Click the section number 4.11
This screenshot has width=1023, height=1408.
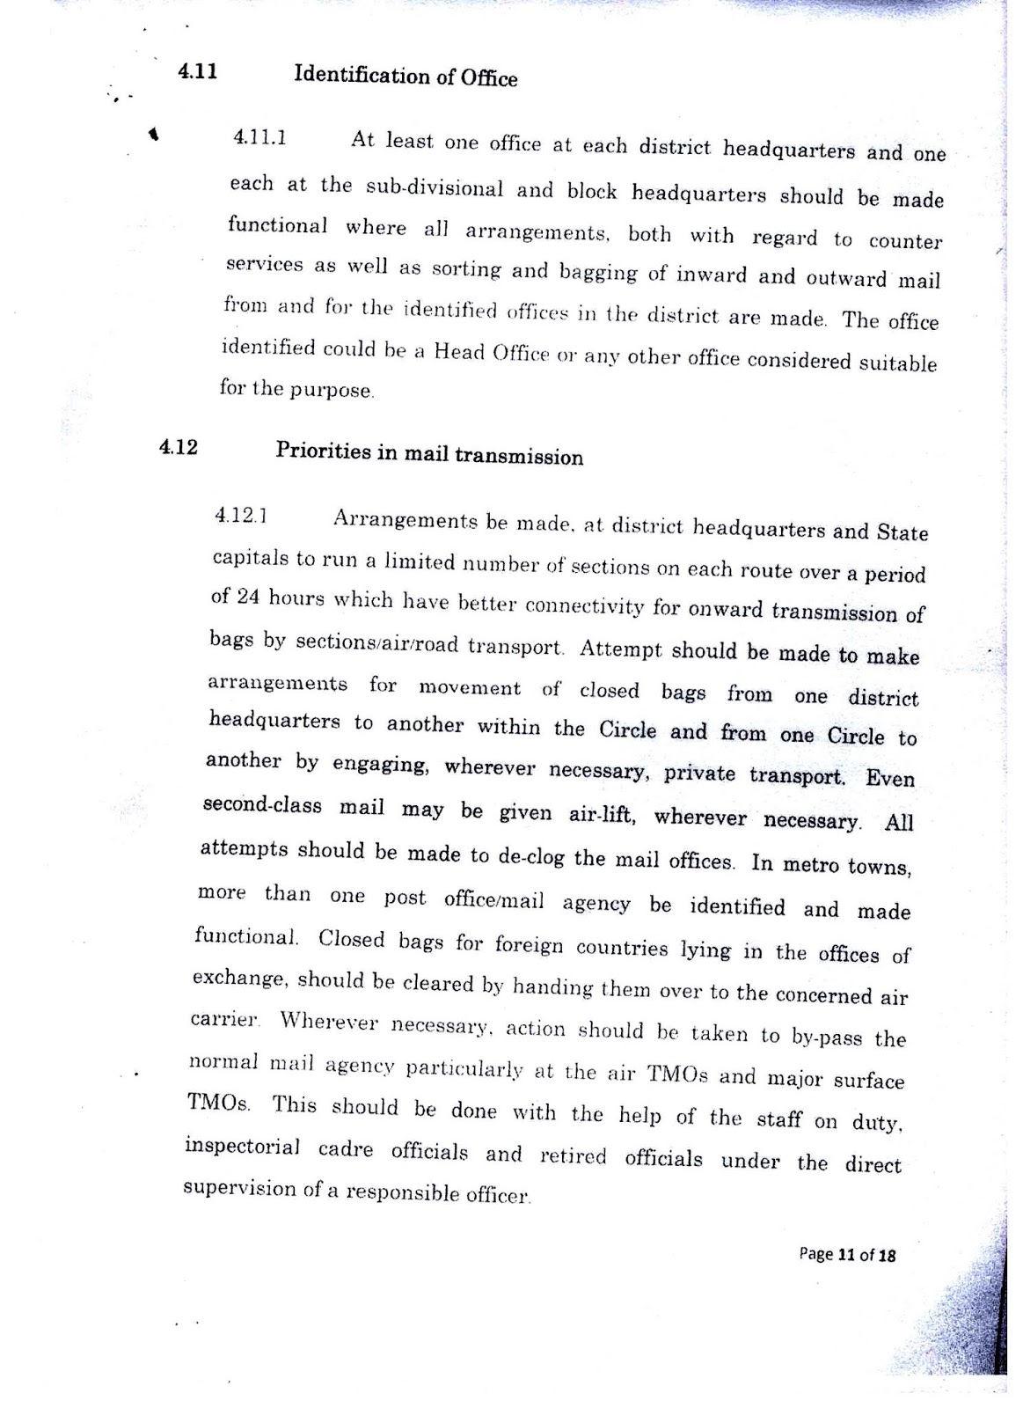pyautogui.click(x=198, y=71)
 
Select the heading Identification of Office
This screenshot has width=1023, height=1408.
pyautogui.click(x=406, y=76)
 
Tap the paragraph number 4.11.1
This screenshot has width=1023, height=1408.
pyautogui.click(x=259, y=137)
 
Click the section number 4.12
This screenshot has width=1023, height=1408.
pyautogui.click(x=179, y=447)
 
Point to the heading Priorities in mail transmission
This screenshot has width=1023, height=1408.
pyautogui.click(x=429, y=453)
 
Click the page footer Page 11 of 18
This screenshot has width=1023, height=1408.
pyautogui.click(x=847, y=1255)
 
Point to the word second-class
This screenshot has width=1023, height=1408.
pyautogui.click(x=262, y=806)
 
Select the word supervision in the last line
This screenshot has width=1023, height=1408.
pyautogui.click(x=239, y=1188)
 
